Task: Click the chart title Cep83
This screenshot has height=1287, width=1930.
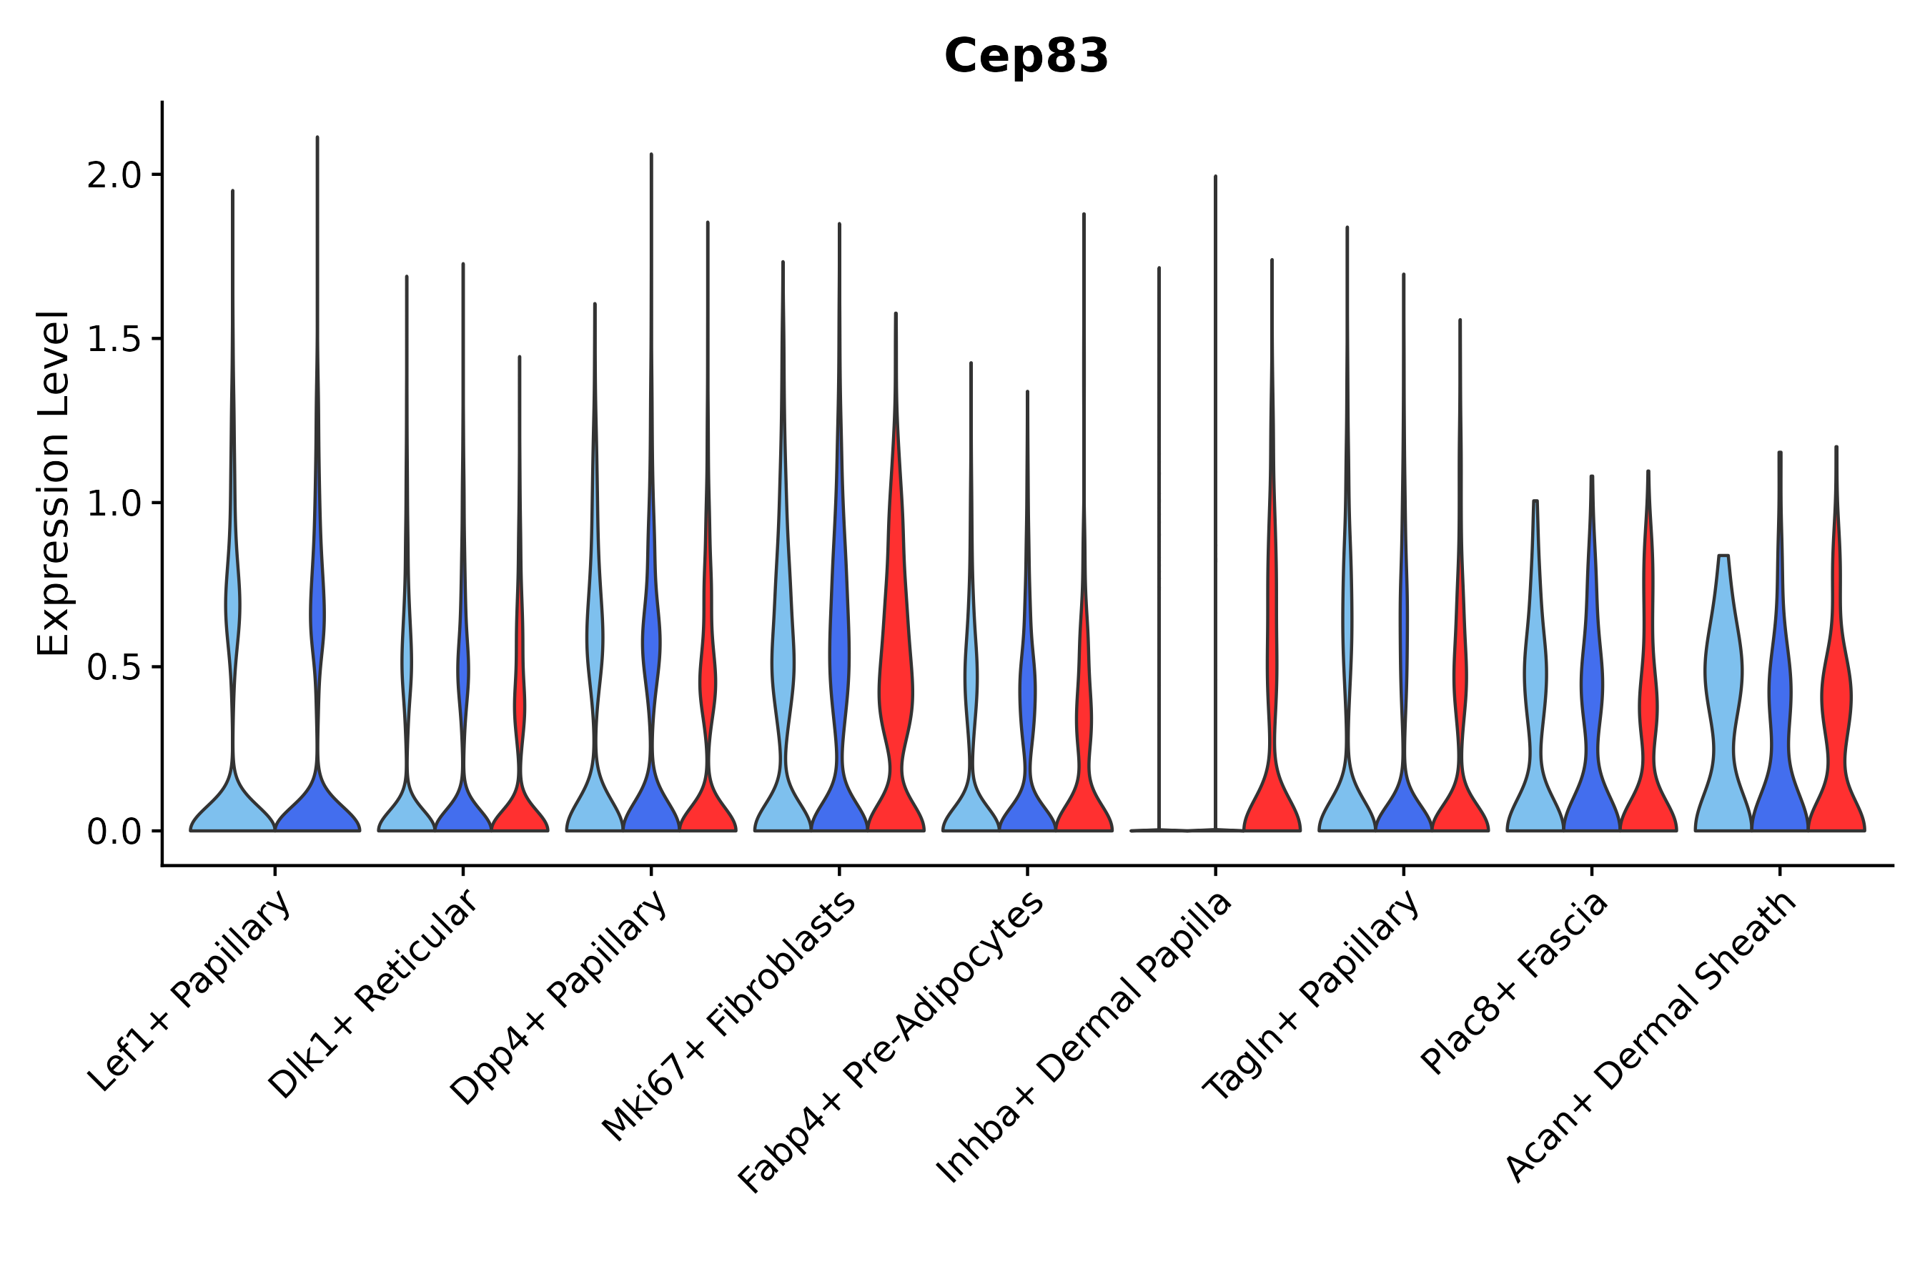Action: tap(1026, 56)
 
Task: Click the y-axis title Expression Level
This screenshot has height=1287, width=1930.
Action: tap(54, 483)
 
